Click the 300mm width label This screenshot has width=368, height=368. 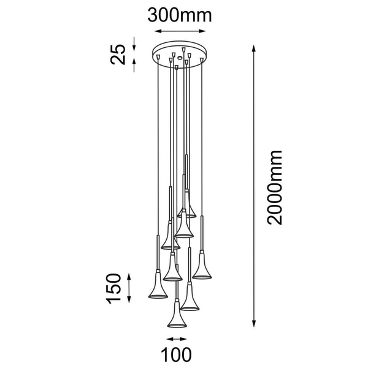180,15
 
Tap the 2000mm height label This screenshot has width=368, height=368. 275,187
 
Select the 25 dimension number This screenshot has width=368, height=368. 118,54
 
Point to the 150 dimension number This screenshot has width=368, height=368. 114,288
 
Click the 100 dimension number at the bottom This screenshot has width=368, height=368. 176,355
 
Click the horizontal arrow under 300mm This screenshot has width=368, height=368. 180,31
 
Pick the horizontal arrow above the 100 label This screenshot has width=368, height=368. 177,339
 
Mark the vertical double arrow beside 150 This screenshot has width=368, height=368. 129,288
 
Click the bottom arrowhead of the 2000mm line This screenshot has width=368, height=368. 253,323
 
